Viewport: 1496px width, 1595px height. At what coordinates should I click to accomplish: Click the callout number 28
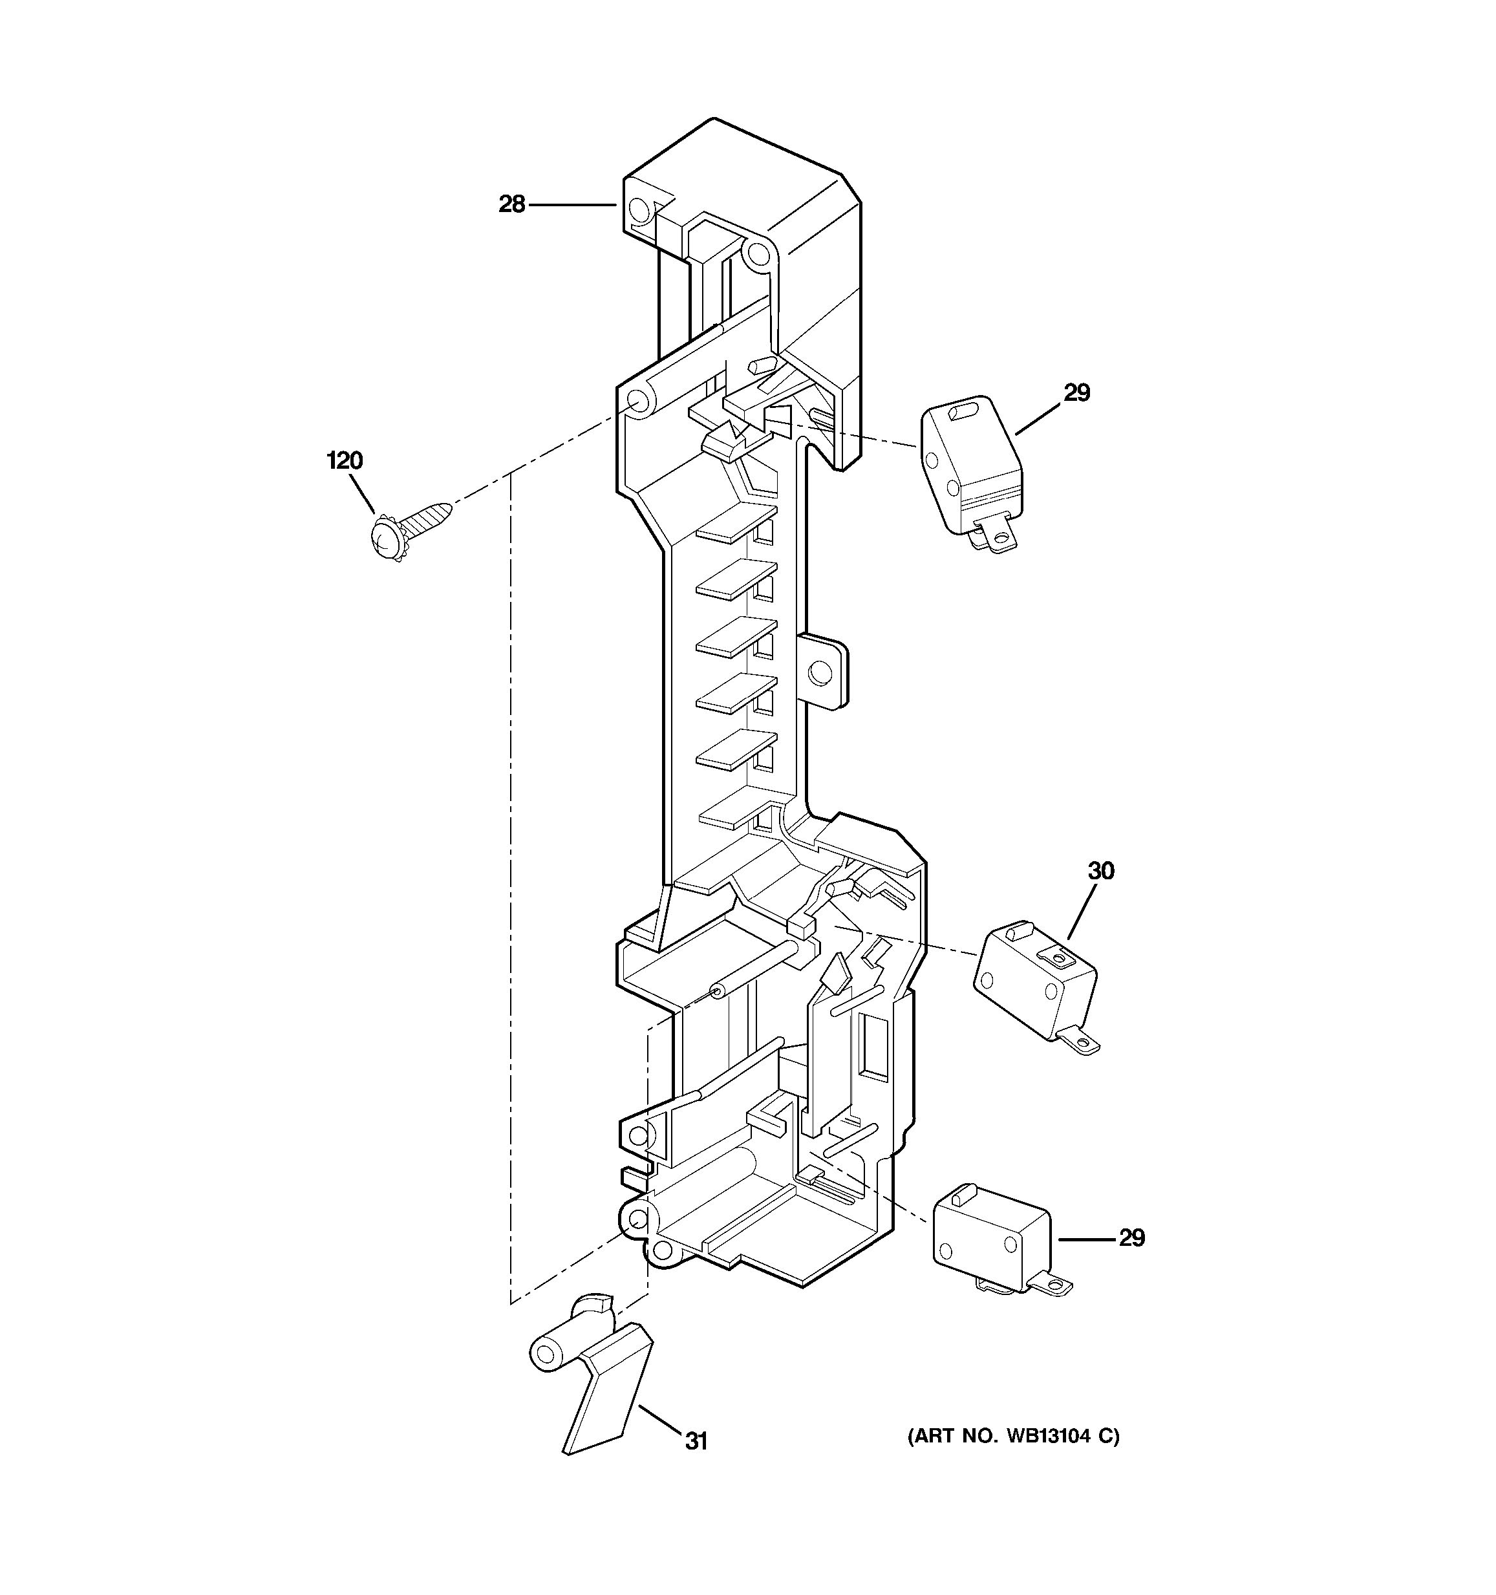[x=512, y=204]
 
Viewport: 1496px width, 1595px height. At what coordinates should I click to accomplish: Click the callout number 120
[x=345, y=460]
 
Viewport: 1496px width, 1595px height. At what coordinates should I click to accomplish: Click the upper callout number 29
[x=1076, y=393]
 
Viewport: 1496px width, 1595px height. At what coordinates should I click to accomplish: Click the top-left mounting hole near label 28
[x=639, y=210]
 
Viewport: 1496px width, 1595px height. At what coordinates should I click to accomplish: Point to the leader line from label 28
[x=572, y=206]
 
